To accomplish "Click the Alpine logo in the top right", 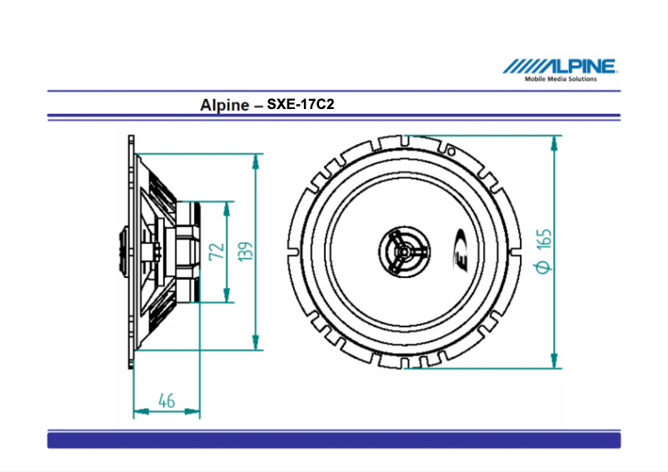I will point(559,67).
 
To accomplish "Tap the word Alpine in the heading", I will point(224,106).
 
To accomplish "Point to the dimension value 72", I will point(216,251).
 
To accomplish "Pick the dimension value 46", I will point(167,401).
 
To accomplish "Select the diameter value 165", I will point(544,241).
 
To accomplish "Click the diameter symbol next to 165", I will point(542,266).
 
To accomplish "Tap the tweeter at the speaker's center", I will point(402,250).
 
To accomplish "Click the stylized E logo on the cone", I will point(461,251).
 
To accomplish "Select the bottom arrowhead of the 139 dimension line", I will point(257,342).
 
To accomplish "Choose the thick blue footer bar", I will point(333,440).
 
